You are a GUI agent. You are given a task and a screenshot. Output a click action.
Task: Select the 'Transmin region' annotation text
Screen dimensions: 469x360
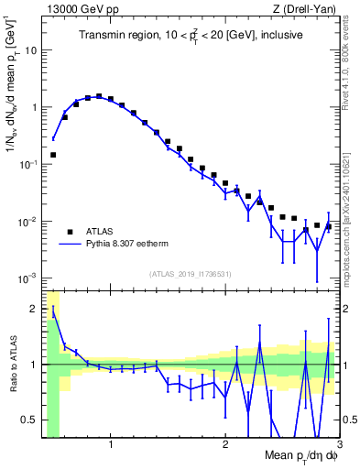pyautogui.click(x=184, y=35)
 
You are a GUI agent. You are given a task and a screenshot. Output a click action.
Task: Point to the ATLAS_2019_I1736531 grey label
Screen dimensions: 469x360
pyautogui.click(x=190, y=273)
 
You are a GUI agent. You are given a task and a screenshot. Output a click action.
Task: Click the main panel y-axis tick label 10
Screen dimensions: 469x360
pyautogui.click(x=30, y=49)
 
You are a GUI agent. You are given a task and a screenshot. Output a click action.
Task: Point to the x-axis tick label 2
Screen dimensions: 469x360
pyautogui.click(x=225, y=445)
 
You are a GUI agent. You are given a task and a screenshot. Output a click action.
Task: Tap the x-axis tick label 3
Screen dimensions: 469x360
pyautogui.click(x=339, y=445)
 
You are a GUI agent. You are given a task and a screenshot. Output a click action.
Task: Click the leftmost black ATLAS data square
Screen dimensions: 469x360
pyautogui.click(x=53, y=155)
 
